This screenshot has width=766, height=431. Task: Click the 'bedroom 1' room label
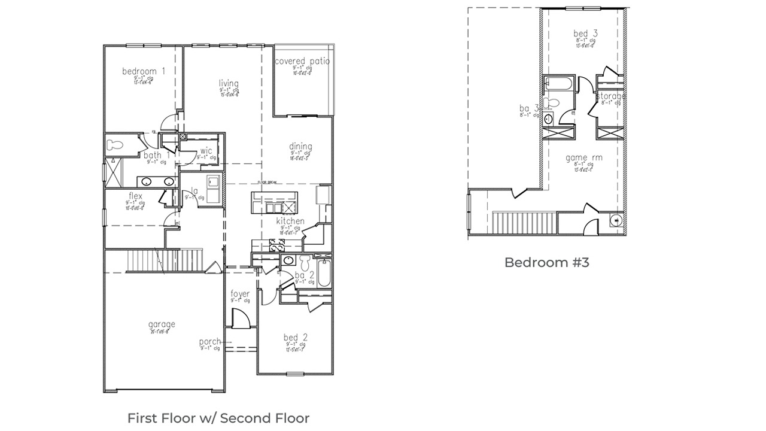[x=144, y=72]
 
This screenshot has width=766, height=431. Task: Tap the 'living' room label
[x=229, y=83]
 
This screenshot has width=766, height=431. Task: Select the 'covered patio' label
[x=302, y=61]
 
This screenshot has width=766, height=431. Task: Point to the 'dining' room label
[x=300, y=147]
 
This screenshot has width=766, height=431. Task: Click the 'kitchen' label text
[x=290, y=221]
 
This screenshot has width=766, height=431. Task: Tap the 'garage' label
[x=162, y=324]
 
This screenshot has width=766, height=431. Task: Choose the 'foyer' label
[x=240, y=294]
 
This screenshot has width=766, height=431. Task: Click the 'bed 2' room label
[x=296, y=338]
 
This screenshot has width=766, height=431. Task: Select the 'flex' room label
[x=135, y=196]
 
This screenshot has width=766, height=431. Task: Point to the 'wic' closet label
[x=206, y=151]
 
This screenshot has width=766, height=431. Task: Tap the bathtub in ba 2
[x=324, y=273]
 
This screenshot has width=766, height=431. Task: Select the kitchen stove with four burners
[x=278, y=245]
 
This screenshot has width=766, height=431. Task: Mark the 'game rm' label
[x=584, y=158]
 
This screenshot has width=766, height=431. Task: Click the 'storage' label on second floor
[x=610, y=96]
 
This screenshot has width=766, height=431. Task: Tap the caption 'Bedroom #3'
[x=546, y=262]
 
